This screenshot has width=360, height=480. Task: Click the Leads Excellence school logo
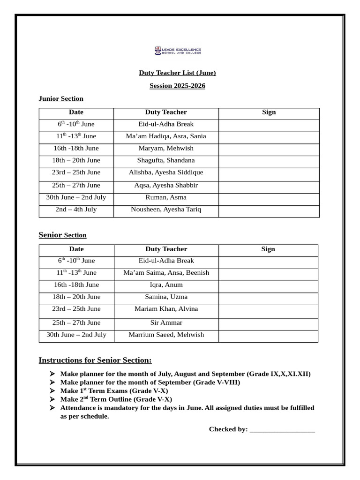178,51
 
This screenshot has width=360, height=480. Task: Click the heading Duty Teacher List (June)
177,73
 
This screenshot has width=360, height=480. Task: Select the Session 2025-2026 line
177,86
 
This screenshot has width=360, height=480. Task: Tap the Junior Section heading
61,98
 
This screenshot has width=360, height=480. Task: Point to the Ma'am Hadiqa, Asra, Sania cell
166,136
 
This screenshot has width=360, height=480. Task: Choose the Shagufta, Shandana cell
166,160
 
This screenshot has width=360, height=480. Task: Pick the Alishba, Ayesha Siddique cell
166,172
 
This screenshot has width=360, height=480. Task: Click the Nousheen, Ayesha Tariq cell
166,210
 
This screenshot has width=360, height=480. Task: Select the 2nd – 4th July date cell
76,210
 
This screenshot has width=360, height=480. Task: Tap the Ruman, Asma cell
166,197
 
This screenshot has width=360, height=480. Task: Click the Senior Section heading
62,235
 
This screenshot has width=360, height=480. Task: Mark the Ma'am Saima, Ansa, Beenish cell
166,273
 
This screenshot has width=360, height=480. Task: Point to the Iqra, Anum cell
166,285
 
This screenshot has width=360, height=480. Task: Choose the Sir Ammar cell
166,322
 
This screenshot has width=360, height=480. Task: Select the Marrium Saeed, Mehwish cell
166,335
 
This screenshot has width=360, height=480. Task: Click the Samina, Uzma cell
166,297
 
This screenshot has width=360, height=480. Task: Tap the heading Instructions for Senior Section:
95,360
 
